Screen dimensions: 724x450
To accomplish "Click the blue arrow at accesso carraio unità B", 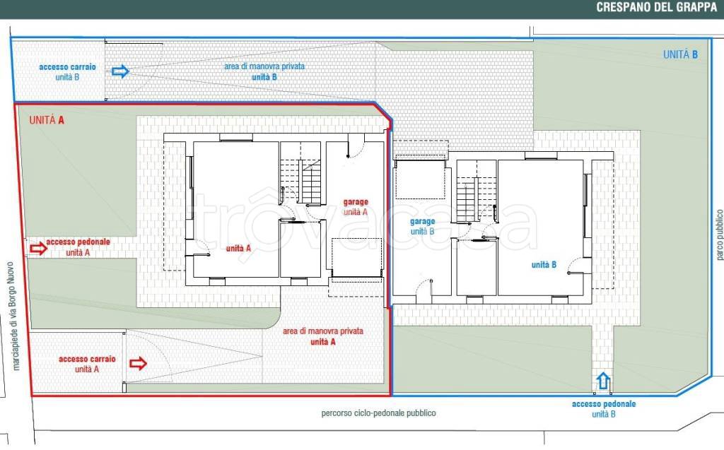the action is click(x=120, y=71).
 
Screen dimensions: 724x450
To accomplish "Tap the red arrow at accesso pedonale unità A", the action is click(x=38, y=248).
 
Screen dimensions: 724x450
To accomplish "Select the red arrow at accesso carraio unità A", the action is click(x=138, y=363).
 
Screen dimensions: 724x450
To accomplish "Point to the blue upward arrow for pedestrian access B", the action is click(x=604, y=381).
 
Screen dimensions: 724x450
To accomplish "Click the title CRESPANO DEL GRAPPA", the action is click(x=656, y=7).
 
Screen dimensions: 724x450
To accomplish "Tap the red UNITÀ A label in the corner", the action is click(x=47, y=120).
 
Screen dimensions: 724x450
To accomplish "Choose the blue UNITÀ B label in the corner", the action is click(x=680, y=54).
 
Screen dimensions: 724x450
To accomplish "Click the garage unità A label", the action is click(x=356, y=207).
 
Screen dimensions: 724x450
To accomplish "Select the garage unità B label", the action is click(x=423, y=226).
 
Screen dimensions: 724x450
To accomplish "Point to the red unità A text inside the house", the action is click(x=238, y=248).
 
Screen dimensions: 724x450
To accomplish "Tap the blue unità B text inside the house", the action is click(x=544, y=264).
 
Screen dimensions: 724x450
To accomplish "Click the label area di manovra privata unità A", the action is click(x=322, y=336).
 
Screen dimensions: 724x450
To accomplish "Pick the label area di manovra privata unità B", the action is click(x=264, y=71).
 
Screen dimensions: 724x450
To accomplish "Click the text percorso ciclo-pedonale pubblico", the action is click(x=379, y=413).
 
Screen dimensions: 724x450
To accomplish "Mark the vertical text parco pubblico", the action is click(x=719, y=235).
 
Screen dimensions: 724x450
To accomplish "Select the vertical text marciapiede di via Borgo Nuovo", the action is click(x=13, y=316).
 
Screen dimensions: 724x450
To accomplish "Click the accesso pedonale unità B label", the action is click(x=604, y=409).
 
